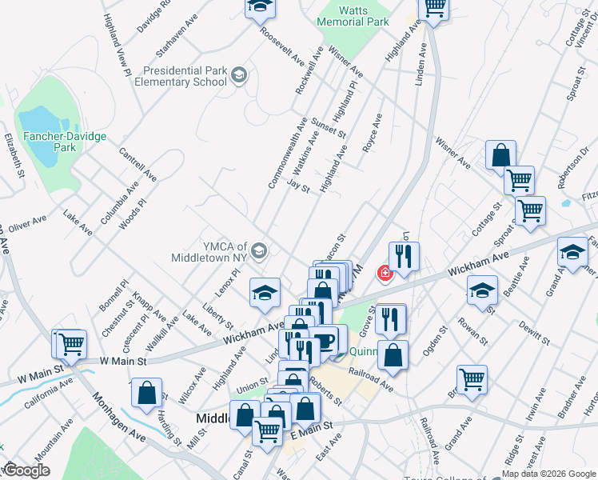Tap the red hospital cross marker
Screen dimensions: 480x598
pyautogui.click(x=385, y=274)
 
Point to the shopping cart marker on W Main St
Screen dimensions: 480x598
pyautogui.click(x=70, y=344)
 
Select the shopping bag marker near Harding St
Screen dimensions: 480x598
pyautogui.click(x=146, y=392)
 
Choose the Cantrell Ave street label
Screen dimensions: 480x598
pyautogui.click(x=138, y=163)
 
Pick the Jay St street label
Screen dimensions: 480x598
pyautogui.click(x=297, y=186)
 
